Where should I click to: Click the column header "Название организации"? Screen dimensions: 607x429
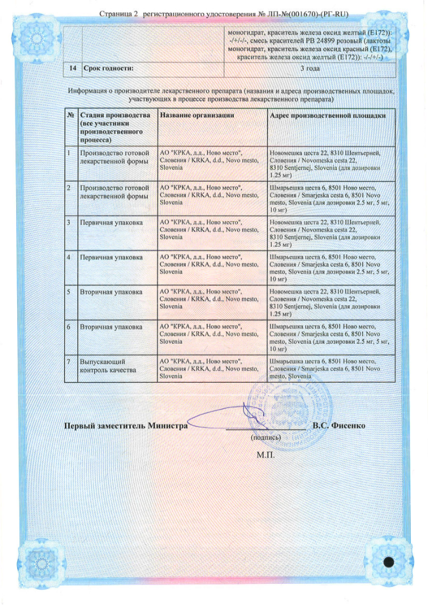[x=197, y=116]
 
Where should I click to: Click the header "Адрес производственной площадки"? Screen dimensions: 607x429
[x=327, y=116]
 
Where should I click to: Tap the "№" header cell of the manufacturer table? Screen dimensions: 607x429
[x=71, y=116]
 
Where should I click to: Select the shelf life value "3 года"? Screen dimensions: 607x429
[x=310, y=69]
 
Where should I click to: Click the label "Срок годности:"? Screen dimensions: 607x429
[x=108, y=69]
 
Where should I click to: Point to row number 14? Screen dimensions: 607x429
[x=71, y=69]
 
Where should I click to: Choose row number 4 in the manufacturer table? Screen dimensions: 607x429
[x=69, y=257]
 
